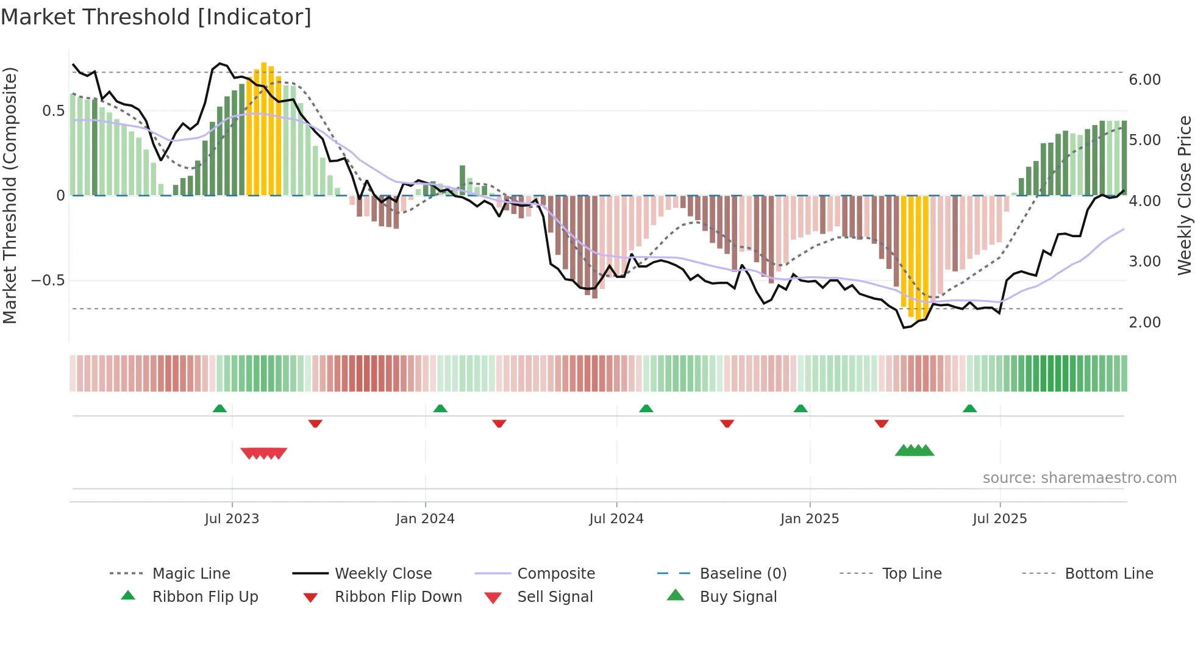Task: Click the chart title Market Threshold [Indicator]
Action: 156,17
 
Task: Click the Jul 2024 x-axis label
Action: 616,519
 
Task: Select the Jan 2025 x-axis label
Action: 809,519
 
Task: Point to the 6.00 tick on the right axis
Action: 1144,80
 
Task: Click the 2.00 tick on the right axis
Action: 1144,323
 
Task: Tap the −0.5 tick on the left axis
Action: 48,281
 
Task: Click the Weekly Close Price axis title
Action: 1184,195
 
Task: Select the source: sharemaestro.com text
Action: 1079,478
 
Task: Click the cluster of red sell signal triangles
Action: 263,453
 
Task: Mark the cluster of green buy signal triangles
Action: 915,451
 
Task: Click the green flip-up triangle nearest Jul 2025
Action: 969,409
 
